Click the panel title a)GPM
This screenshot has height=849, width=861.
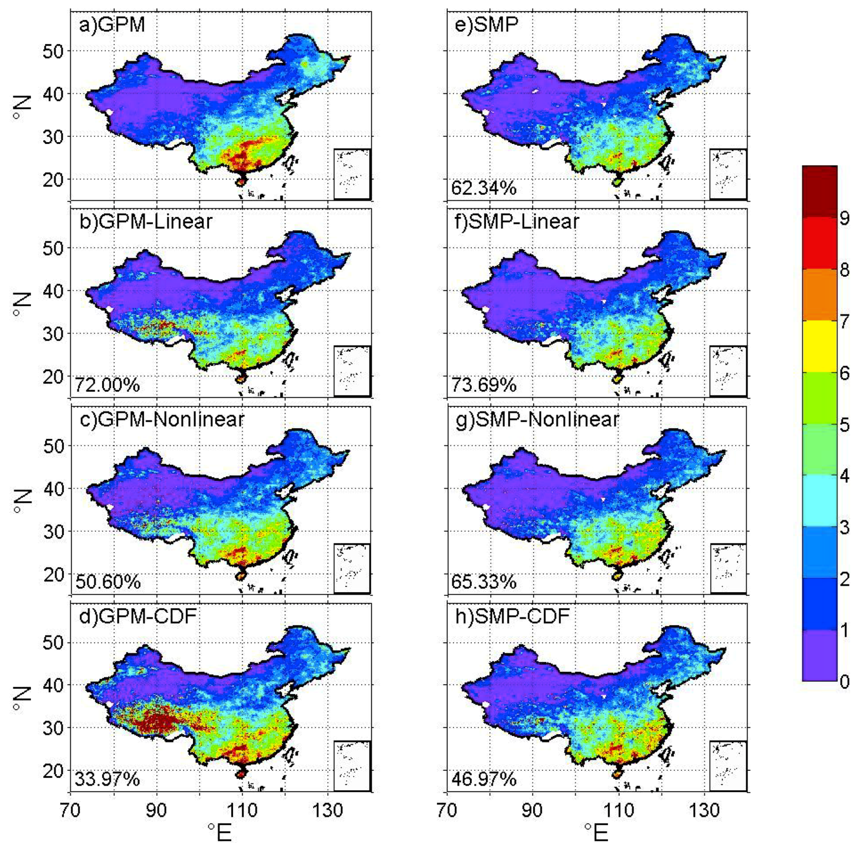click(x=112, y=25)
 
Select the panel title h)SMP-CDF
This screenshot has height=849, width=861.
click(x=512, y=617)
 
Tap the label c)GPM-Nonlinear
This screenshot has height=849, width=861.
click(x=162, y=419)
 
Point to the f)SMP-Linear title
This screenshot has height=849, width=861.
click(x=517, y=222)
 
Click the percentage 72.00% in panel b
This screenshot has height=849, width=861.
click(x=107, y=385)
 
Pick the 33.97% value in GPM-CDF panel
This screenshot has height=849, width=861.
click(x=107, y=779)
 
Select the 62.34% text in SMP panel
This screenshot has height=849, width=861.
click(x=484, y=188)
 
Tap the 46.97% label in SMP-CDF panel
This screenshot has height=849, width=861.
click(x=484, y=779)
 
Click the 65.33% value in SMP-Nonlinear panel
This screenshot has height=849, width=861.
click(x=484, y=582)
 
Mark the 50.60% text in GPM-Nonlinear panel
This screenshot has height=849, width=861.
click(x=108, y=582)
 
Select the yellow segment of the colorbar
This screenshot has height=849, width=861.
click(x=819, y=347)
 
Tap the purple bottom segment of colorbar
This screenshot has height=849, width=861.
click(x=819, y=655)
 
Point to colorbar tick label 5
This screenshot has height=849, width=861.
click(x=844, y=425)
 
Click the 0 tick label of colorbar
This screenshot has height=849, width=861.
click(x=844, y=682)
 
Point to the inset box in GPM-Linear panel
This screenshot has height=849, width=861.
click(x=352, y=371)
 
